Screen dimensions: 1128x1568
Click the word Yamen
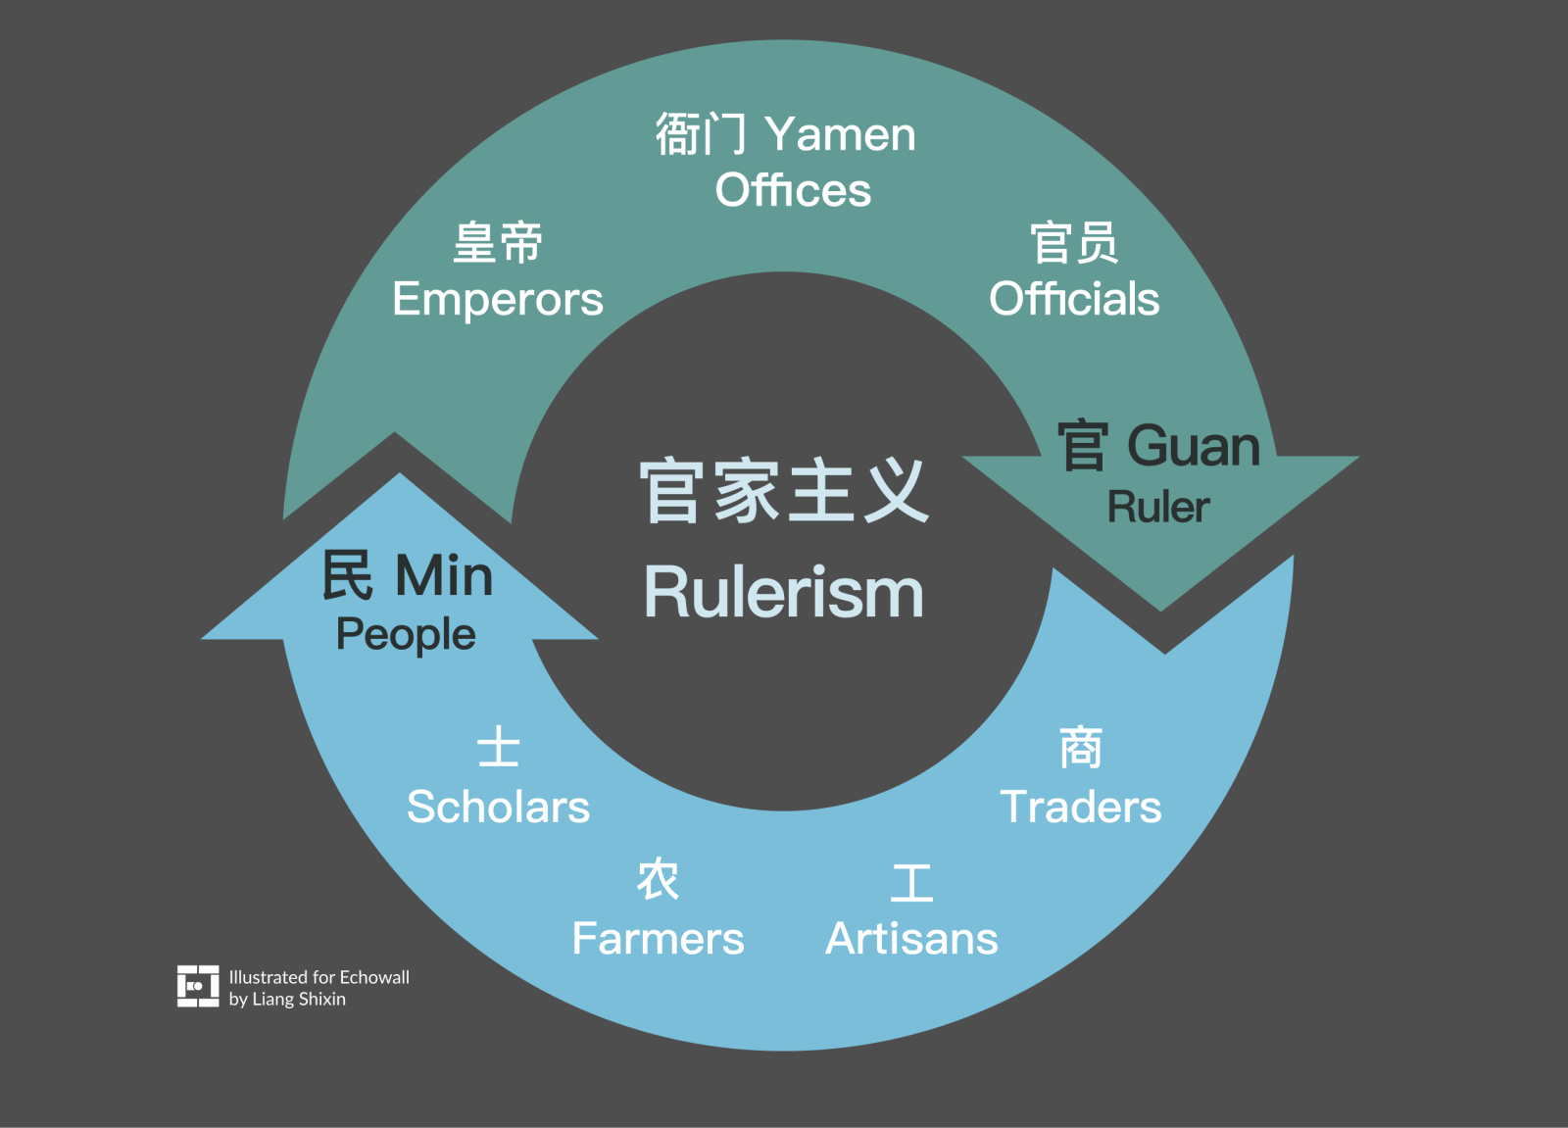[x=840, y=135]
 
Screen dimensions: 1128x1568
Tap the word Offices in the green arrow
[x=793, y=190]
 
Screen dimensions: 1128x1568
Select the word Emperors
[x=498, y=299]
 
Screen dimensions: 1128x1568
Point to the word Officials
[x=1074, y=299]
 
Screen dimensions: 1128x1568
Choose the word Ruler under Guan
[x=1158, y=508]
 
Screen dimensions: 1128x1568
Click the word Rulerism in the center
[x=784, y=593]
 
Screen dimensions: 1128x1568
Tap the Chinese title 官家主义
[x=784, y=490]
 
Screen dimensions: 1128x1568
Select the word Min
[x=444, y=575]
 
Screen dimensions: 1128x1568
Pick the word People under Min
[x=406, y=635]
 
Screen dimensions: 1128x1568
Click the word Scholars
[x=498, y=808]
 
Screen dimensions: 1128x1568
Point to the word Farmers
[x=658, y=939]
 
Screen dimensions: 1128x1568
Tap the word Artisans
[x=911, y=939]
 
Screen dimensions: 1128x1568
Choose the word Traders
[x=1080, y=808]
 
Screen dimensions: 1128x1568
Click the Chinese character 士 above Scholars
[x=498, y=748]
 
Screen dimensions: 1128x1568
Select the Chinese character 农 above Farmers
[x=658, y=879]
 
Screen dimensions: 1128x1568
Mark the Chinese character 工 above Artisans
[x=911, y=882]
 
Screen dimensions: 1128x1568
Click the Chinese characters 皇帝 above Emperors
[x=498, y=242]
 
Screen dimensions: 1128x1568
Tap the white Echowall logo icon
[x=198, y=986]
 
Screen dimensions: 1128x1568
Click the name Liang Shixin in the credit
[x=299, y=1000]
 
